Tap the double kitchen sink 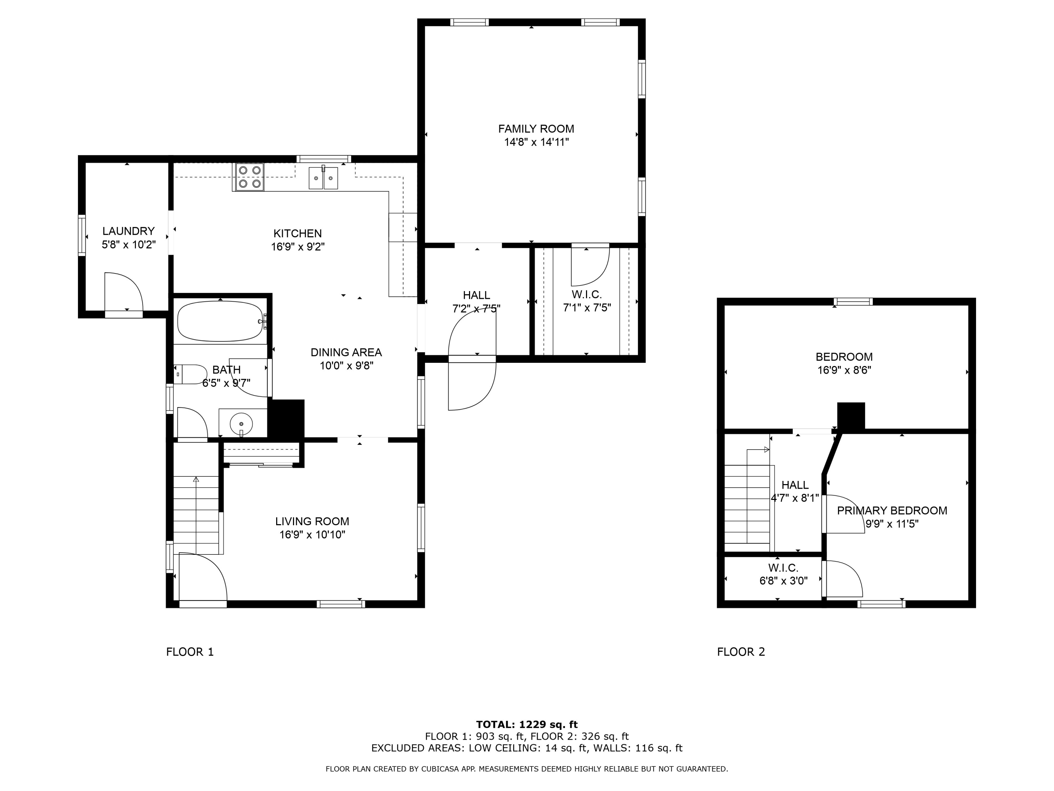point(323,178)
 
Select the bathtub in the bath point(221,321)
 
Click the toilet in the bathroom point(190,374)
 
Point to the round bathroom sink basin point(241,423)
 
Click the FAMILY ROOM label point(536,129)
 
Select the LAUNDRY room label point(129,231)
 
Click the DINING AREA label point(346,352)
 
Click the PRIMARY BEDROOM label point(892,511)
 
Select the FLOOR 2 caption point(741,652)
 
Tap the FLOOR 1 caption point(190,652)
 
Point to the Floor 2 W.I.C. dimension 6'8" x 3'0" point(783,581)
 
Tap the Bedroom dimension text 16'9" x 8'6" point(844,370)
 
